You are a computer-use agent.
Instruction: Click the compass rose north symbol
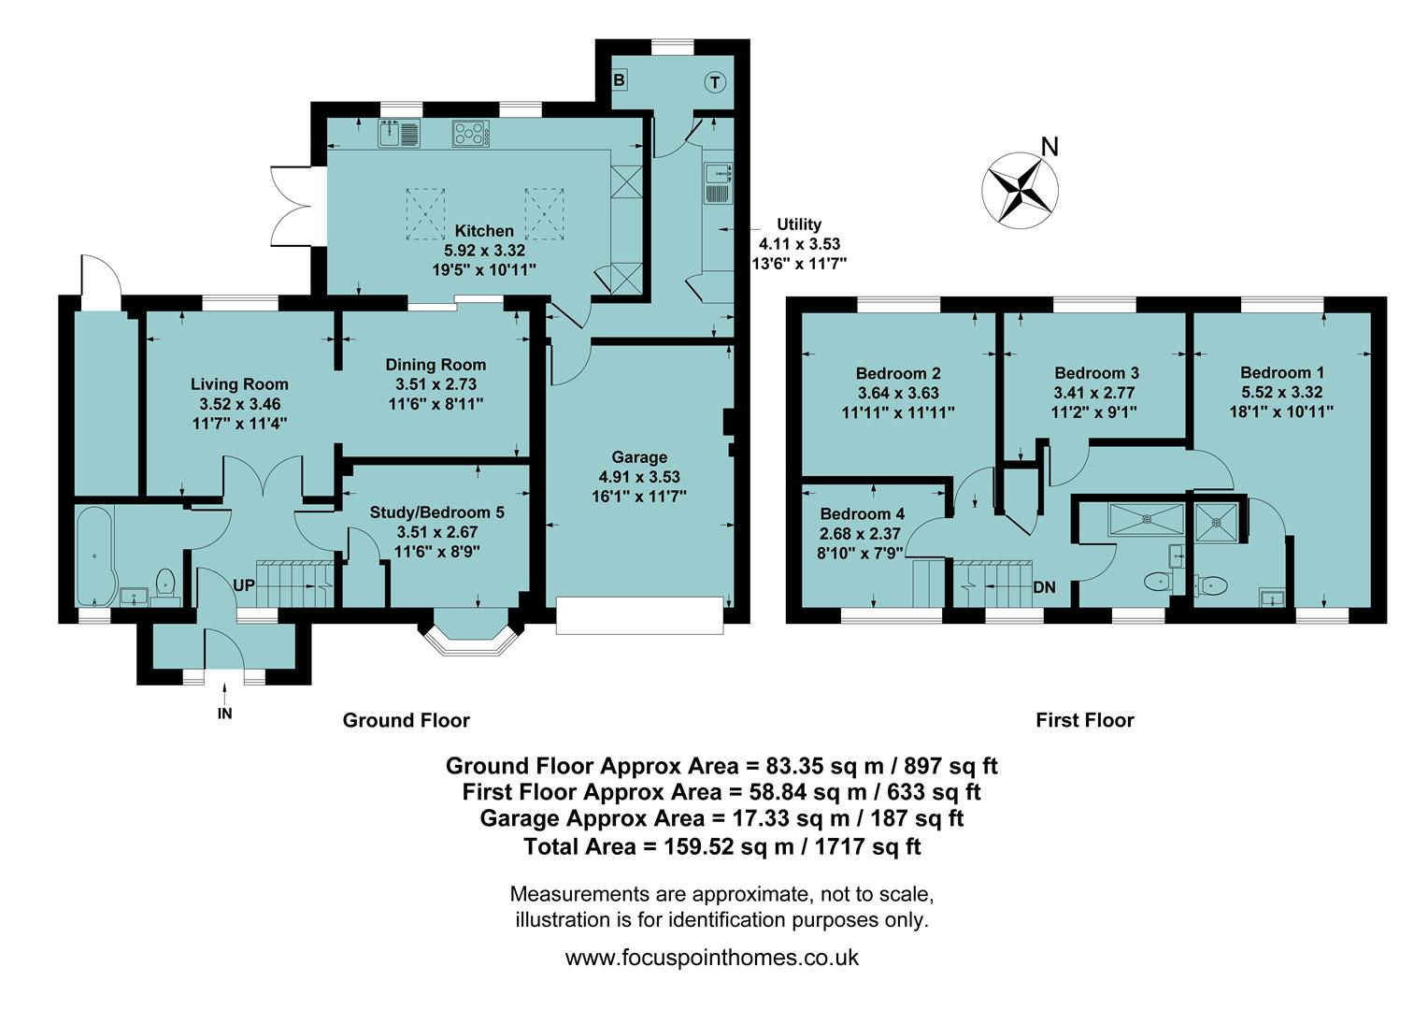click(1020, 189)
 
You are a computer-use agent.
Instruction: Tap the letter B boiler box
click(619, 80)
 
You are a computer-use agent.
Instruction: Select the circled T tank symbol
click(715, 83)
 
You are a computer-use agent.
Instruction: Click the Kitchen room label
click(484, 231)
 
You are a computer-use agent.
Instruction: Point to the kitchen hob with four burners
click(470, 135)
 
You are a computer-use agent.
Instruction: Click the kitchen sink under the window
click(400, 135)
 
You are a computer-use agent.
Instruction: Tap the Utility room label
click(799, 224)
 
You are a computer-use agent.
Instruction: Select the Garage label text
click(639, 457)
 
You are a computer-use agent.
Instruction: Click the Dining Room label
click(436, 365)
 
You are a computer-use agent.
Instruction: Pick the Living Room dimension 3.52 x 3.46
click(239, 404)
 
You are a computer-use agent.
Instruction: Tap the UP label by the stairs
click(244, 585)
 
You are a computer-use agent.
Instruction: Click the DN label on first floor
click(1044, 587)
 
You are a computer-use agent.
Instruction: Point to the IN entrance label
click(225, 714)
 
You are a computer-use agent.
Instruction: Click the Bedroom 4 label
click(862, 514)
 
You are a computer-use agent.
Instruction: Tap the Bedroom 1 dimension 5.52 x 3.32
click(1281, 392)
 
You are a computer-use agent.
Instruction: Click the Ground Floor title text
click(406, 720)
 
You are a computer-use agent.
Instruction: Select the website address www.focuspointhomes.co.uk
click(712, 958)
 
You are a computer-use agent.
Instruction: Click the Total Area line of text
click(721, 847)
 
